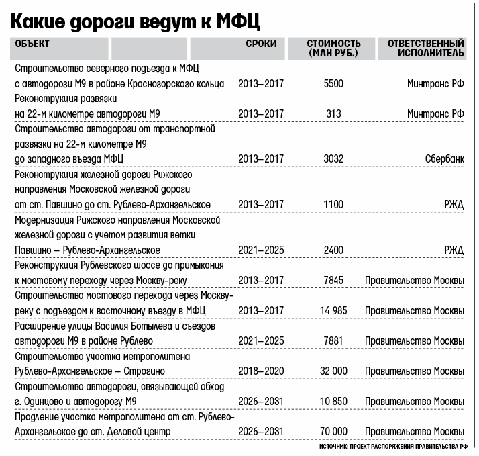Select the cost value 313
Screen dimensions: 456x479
(x=333, y=113)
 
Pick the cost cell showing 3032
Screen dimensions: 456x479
(x=333, y=158)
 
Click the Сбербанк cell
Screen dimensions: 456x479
(x=444, y=158)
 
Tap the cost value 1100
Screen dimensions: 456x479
(x=333, y=203)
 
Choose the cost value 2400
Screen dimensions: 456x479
(x=333, y=249)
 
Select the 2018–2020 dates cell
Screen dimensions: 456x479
(x=261, y=370)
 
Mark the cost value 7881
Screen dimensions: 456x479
(x=333, y=340)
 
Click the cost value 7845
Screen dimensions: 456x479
(x=333, y=279)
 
